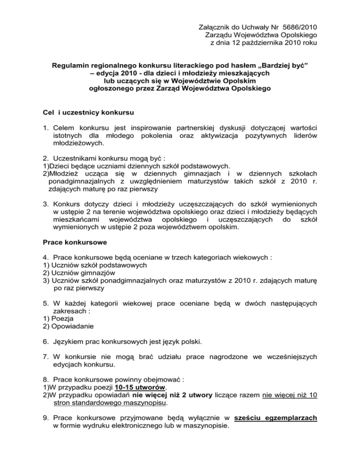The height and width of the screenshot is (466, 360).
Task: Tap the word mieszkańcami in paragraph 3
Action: tap(76, 218)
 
